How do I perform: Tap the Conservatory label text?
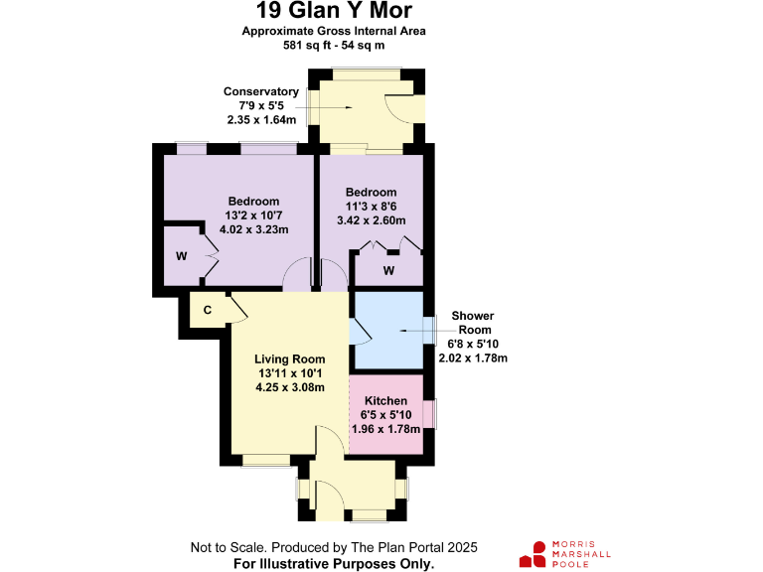point(261,92)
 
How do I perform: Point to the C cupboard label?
point(208,310)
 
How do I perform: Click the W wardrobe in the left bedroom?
point(182,256)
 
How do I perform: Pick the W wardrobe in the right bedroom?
point(388,270)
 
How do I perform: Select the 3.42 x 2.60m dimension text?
point(372,220)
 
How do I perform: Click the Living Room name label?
point(289,359)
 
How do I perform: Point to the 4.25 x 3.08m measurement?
point(289,387)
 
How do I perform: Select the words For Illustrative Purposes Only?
point(334,563)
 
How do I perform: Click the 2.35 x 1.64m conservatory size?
point(261,120)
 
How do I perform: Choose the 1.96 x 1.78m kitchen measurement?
point(387,429)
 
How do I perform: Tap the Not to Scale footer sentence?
point(334,547)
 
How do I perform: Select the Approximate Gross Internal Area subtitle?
point(334,31)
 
